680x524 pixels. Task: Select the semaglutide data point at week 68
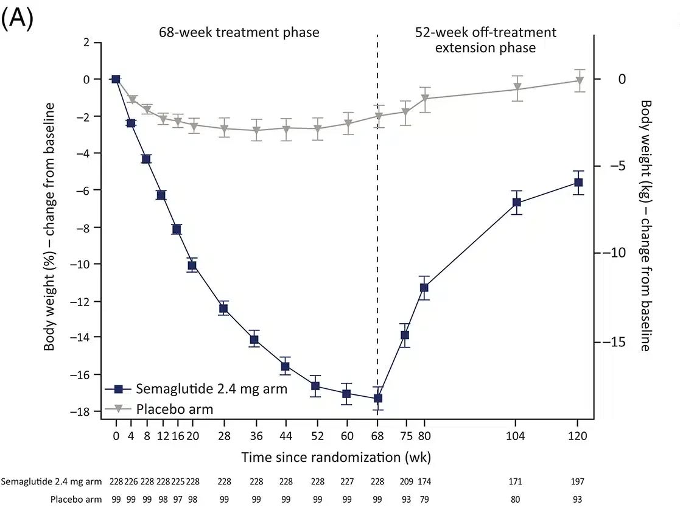(378, 399)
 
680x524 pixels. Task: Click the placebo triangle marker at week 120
(579, 80)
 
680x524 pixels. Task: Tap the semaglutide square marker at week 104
(516, 203)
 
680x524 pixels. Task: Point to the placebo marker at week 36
(256, 130)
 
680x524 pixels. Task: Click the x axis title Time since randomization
(337, 457)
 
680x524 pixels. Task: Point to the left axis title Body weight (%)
(49, 227)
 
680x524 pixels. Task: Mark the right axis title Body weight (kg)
(645, 226)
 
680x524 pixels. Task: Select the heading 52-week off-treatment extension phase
(485, 40)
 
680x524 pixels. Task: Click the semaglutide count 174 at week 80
(424, 481)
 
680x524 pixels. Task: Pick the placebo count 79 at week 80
(424, 500)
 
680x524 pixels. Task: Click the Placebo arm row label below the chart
(76, 500)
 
